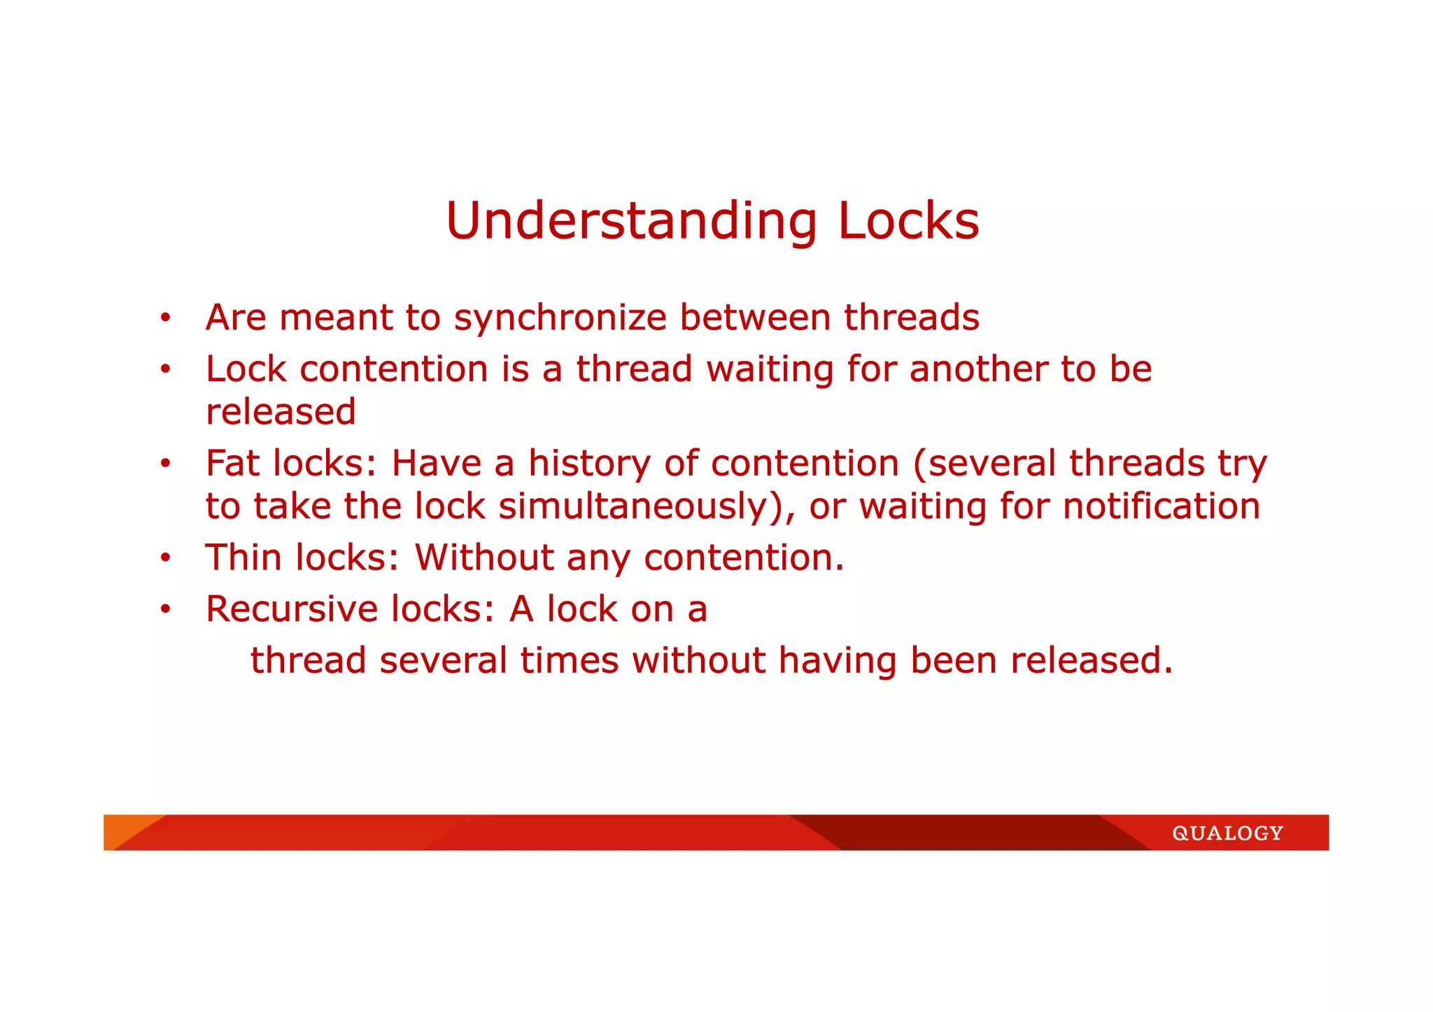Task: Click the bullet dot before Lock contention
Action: coord(165,369)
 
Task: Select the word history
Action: coord(589,464)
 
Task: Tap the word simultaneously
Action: coord(641,507)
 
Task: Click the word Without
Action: coord(484,557)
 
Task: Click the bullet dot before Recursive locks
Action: coord(165,609)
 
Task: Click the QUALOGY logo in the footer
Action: coord(1227,833)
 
